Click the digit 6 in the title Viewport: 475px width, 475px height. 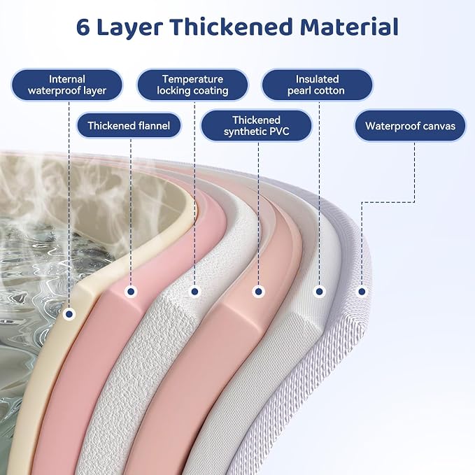click(83, 27)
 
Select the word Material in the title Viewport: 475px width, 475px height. click(350, 27)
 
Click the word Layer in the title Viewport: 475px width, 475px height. click(130, 28)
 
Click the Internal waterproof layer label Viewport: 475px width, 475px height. click(67, 85)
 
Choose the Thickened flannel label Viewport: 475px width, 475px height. click(129, 125)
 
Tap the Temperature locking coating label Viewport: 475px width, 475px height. click(192, 85)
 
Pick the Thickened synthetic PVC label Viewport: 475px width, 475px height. click(256, 126)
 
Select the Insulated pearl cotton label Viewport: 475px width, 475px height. click(317, 85)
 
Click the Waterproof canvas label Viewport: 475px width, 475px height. click(410, 126)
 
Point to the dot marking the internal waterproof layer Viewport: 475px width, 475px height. click(69, 314)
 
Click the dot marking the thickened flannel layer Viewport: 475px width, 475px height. click(131, 292)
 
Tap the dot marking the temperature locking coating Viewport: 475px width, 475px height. click(194, 292)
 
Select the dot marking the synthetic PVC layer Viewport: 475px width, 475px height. click(258, 292)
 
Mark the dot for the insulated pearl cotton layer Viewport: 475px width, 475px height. click(319, 292)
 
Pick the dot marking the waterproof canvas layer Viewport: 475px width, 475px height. click(362, 292)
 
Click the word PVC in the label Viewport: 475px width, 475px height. click(278, 132)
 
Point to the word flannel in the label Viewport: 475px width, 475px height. click(154, 125)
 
